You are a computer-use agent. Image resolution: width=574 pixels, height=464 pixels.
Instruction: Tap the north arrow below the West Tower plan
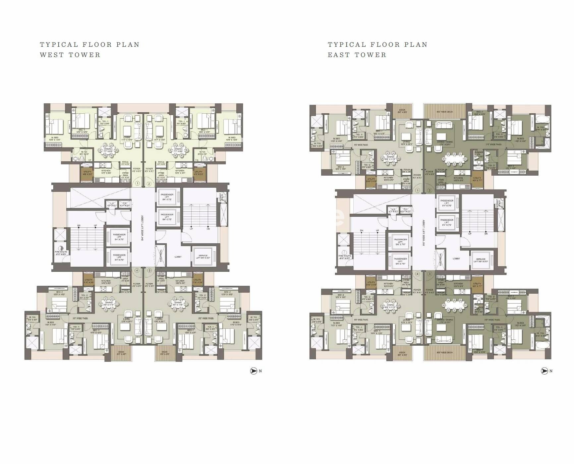click(x=254, y=371)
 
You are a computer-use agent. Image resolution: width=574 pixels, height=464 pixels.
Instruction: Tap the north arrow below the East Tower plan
click(x=544, y=371)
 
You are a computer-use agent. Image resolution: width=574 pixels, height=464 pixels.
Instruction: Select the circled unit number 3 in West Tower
click(x=149, y=270)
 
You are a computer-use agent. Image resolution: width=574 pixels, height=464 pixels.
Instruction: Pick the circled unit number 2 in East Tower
click(x=430, y=191)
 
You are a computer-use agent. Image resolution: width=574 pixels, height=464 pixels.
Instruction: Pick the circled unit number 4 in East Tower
click(x=418, y=274)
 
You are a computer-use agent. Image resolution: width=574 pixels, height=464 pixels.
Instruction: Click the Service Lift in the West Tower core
click(x=203, y=257)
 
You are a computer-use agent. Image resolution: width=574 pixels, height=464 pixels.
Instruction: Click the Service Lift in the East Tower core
click(x=481, y=260)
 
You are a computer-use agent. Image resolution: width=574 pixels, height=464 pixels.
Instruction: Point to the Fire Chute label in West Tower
click(x=61, y=253)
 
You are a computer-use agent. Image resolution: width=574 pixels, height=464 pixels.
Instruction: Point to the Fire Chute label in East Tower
click(x=345, y=257)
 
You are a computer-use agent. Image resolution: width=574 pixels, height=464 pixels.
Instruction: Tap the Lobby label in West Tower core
click(x=178, y=257)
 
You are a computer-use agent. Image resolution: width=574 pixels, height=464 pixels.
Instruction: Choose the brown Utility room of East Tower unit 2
click(x=477, y=180)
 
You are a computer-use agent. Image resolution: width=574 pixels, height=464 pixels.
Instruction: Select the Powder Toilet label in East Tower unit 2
click(x=479, y=154)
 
